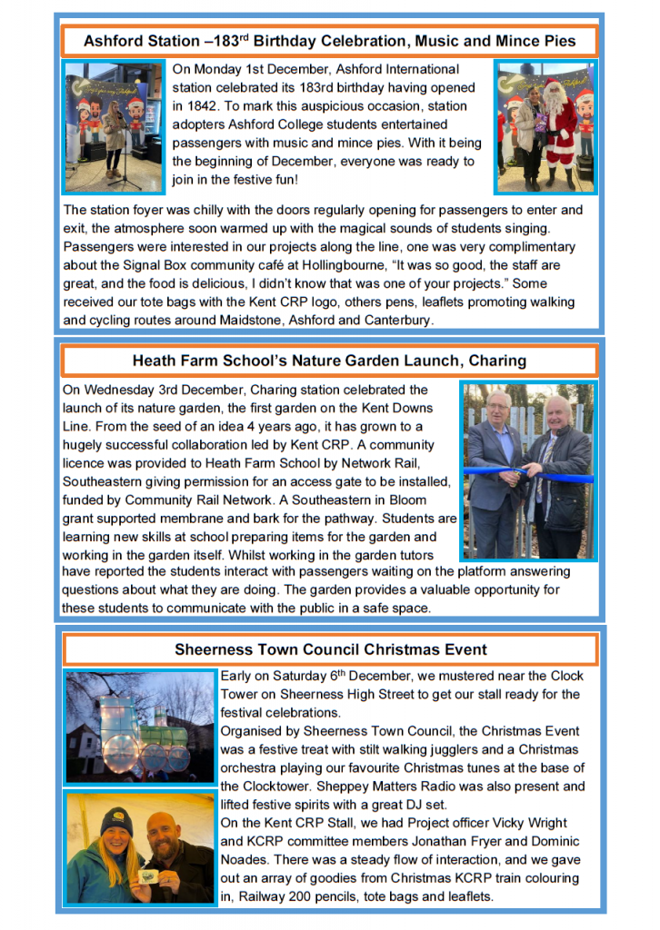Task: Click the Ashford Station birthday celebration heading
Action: coord(329,41)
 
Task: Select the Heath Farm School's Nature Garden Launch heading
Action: coord(329,361)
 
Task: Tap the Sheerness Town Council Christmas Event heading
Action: coord(330,649)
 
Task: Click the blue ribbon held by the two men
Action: coord(527,471)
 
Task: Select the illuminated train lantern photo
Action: coord(139,727)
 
